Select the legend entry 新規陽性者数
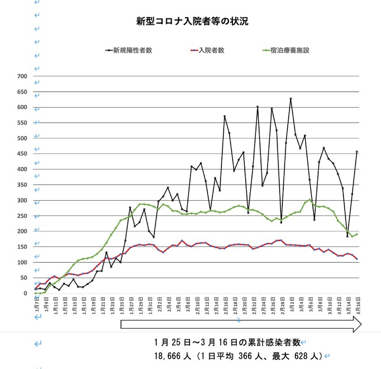(x=132, y=50)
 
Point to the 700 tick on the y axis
(x=22, y=76)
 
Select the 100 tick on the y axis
(x=22, y=262)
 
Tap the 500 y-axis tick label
(x=22, y=138)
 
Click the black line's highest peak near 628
(x=291, y=99)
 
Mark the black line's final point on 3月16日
(x=357, y=152)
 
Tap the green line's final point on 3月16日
(x=357, y=234)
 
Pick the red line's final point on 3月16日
(x=357, y=259)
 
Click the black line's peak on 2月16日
(x=224, y=116)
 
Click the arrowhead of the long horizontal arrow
(x=356, y=324)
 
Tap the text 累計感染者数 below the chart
(x=268, y=342)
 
